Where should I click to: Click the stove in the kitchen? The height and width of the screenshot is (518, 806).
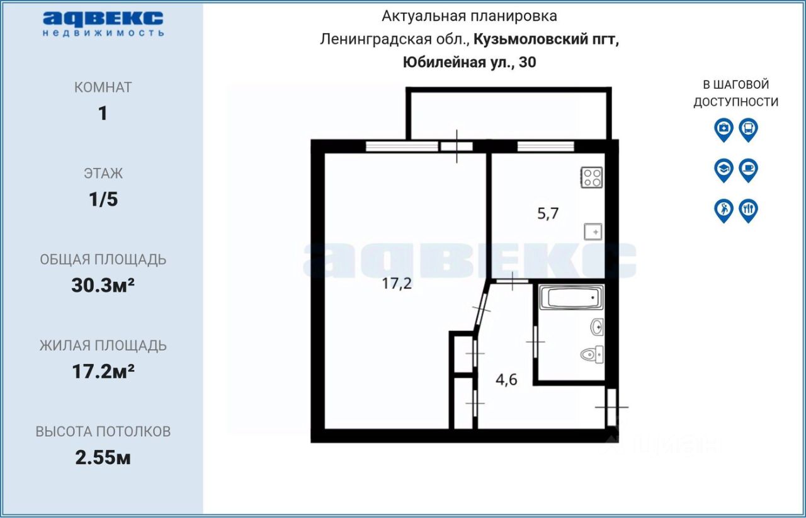coord(592,177)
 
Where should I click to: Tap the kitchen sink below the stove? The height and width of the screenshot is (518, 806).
coord(593,232)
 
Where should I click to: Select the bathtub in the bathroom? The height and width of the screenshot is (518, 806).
coord(572,298)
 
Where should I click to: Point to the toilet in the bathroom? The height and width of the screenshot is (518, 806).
coord(591,354)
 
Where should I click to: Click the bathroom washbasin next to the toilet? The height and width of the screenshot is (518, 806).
coord(597,327)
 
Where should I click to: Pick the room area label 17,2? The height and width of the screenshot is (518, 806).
coord(397,283)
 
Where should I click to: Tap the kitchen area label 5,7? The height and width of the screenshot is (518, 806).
coord(547,213)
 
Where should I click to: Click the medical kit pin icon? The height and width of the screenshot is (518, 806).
coord(724,130)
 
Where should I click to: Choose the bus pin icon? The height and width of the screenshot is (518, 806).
coord(748,130)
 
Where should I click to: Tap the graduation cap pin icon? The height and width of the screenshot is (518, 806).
coord(724,169)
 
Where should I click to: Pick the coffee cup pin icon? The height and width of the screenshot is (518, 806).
coord(748,169)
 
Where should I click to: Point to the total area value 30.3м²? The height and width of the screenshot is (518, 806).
coord(103,286)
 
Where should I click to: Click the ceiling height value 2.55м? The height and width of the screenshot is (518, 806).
coord(103,458)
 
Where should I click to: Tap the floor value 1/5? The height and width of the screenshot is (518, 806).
coord(103,200)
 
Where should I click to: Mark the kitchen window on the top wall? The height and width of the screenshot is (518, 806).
coord(545,147)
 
